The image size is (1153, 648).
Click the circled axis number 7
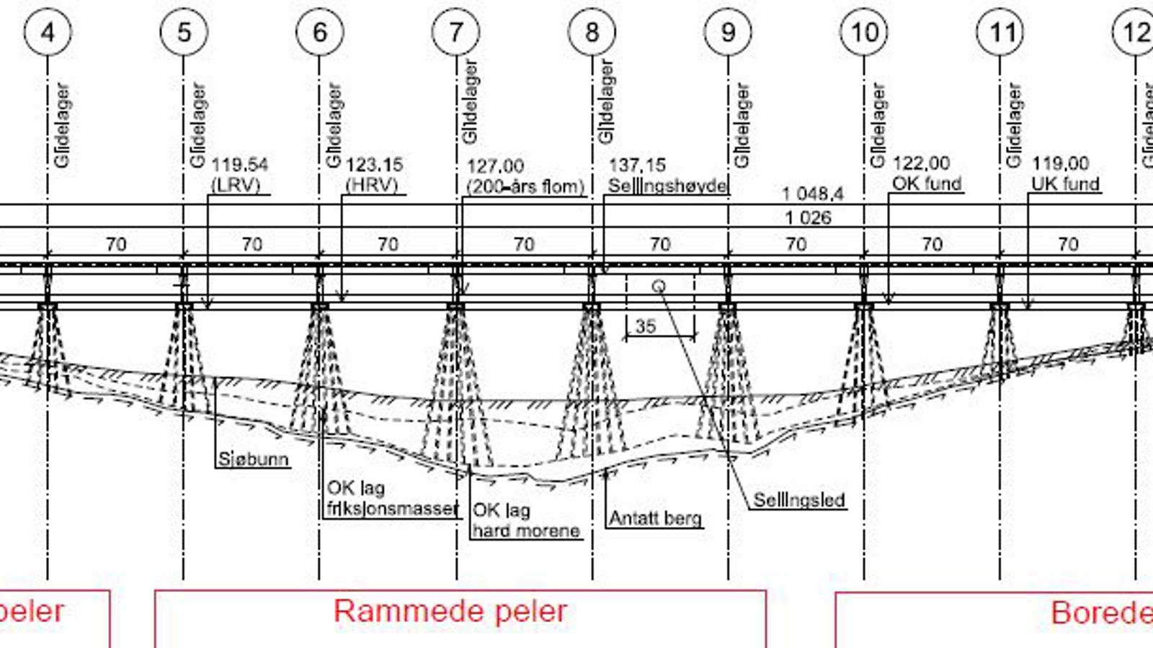point(455,32)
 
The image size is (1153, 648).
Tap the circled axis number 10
point(864,32)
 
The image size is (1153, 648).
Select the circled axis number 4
point(48,32)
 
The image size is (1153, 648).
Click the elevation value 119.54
point(239,165)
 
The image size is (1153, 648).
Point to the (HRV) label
point(372,185)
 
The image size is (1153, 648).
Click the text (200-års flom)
point(525,186)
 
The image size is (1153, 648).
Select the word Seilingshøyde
point(667,186)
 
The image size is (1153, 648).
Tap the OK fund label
point(927,184)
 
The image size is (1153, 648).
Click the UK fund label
point(1065,184)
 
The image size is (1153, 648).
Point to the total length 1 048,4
point(813,194)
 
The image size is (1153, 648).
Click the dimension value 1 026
point(808,217)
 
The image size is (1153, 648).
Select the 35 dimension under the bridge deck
point(646,326)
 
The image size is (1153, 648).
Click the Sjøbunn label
point(253,459)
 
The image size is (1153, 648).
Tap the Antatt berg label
point(655,518)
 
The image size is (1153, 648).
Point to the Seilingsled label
point(798,500)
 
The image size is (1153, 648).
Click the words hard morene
point(526,531)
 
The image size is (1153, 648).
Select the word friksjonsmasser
point(393,508)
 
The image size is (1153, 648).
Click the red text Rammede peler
point(450,611)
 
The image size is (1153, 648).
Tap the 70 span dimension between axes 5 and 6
point(251,244)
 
